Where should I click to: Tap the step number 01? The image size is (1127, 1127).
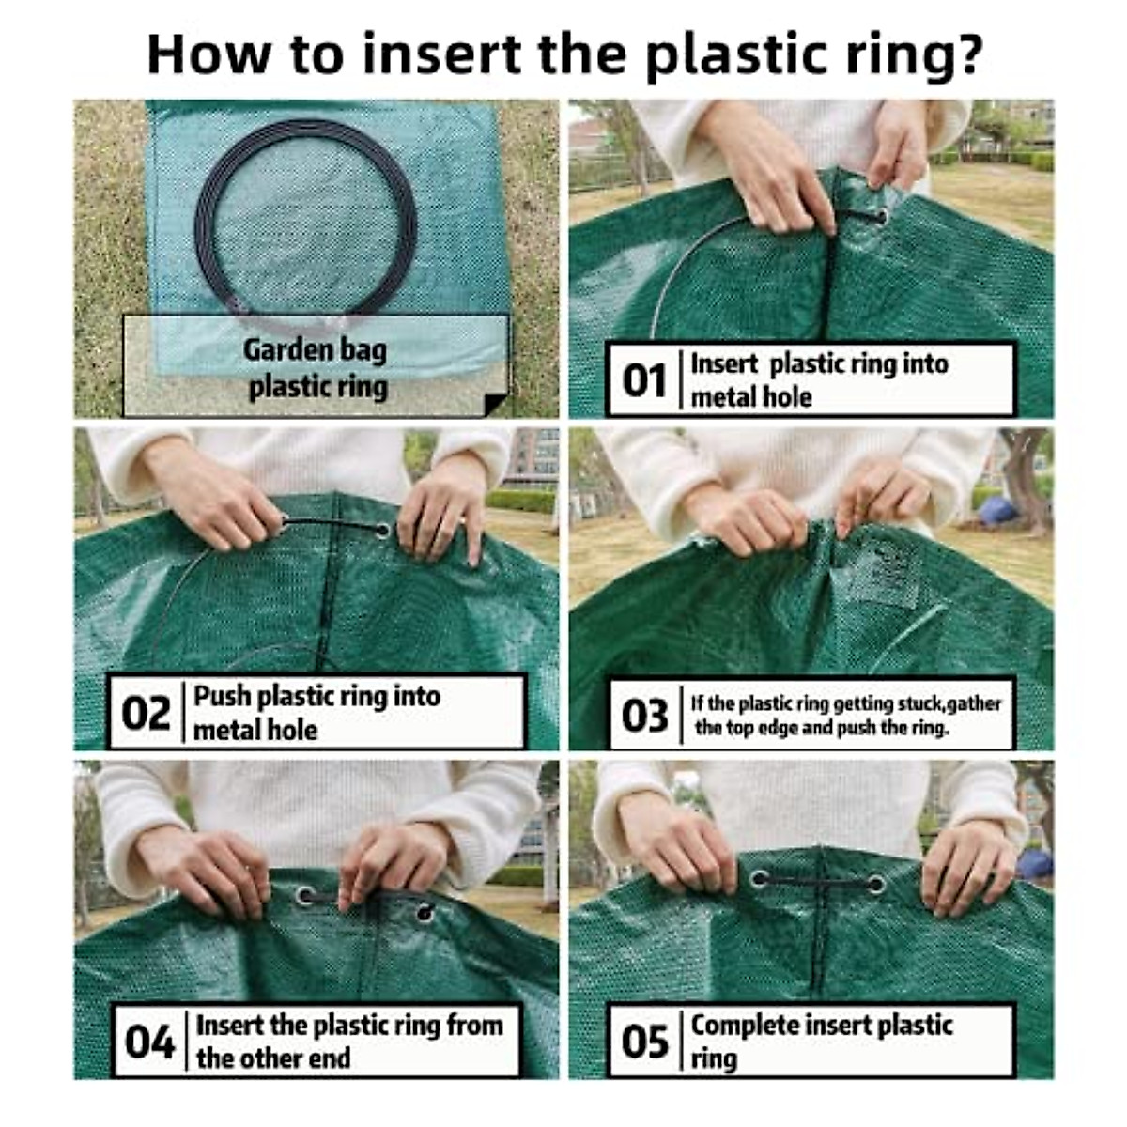(x=644, y=380)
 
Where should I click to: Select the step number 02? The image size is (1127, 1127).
(x=146, y=713)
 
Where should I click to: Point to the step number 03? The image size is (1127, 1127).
(x=644, y=716)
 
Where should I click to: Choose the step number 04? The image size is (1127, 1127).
(x=149, y=1042)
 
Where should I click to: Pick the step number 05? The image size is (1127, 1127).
(x=644, y=1042)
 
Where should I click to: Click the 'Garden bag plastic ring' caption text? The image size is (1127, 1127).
(x=316, y=368)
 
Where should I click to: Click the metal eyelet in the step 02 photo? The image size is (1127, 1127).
(x=381, y=531)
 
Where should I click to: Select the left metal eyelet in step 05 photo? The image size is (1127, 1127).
(x=759, y=879)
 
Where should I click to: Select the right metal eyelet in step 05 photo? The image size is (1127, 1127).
(x=875, y=885)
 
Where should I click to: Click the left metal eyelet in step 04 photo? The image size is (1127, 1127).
(x=305, y=895)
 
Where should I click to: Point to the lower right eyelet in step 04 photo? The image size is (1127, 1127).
(x=425, y=912)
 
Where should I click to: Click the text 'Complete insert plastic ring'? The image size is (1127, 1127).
(x=821, y=1040)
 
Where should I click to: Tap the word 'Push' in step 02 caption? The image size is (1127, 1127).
(x=222, y=696)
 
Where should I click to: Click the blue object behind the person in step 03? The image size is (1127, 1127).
(x=997, y=511)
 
